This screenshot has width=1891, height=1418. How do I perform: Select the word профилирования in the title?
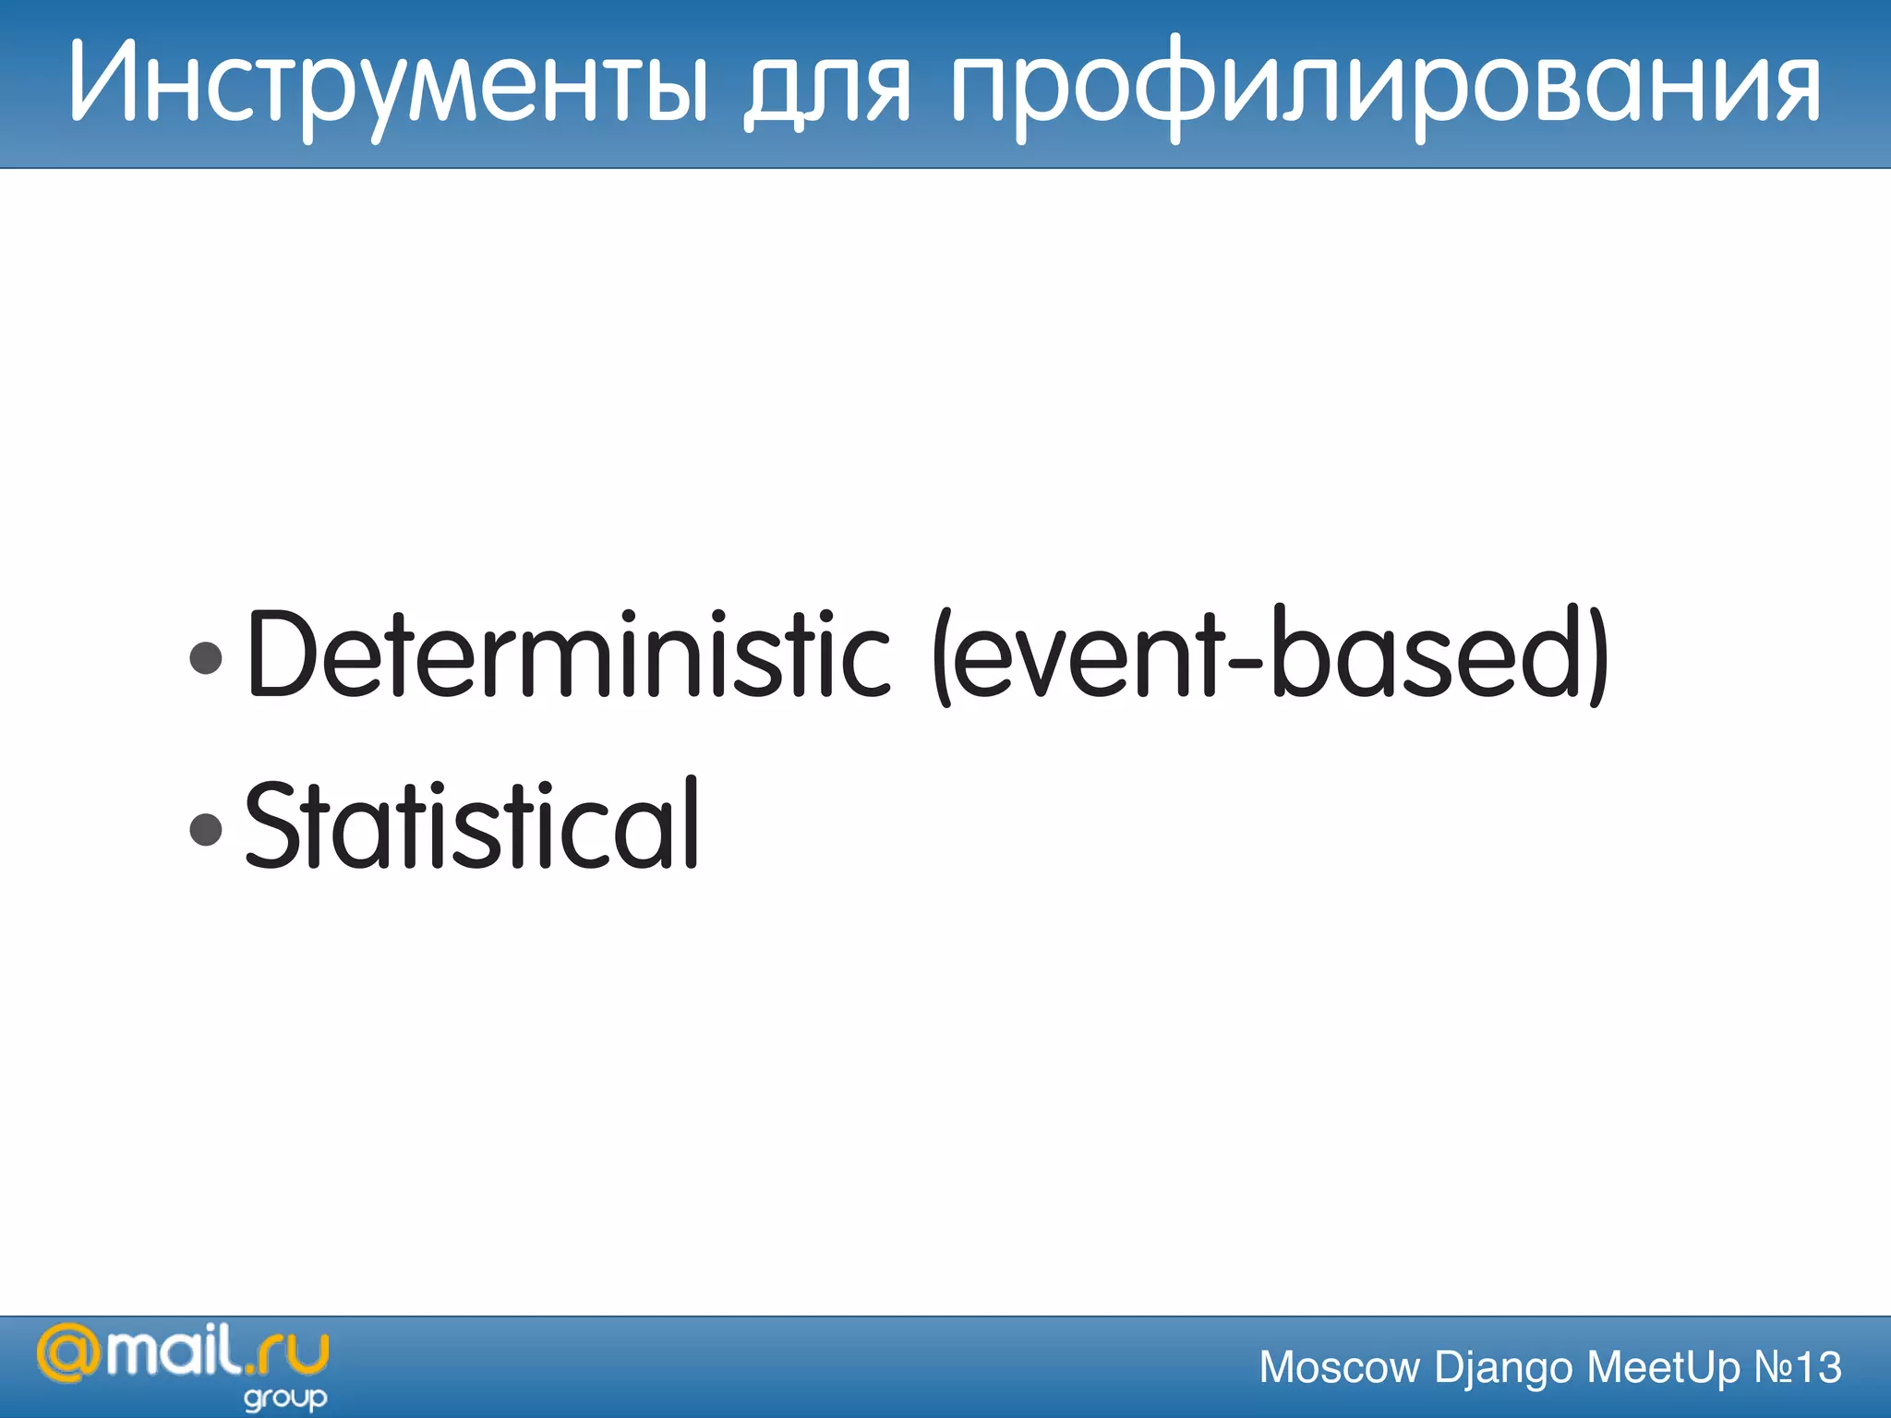point(1385,88)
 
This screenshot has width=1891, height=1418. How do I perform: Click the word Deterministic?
point(568,654)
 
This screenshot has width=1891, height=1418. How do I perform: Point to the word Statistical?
point(471,823)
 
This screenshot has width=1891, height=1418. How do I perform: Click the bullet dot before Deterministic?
point(205,658)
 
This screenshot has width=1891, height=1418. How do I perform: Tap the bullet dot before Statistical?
point(205,828)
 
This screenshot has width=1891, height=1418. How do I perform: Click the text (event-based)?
point(1271,654)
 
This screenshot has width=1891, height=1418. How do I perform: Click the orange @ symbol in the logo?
point(68,1353)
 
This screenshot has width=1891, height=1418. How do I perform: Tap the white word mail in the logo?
point(172,1351)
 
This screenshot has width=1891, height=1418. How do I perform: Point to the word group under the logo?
point(285,1399)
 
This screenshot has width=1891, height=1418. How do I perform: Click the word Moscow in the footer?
point(1339,1367)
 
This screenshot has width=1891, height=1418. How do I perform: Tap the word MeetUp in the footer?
point(1663,1367)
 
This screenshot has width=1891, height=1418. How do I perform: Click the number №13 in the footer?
point(1797,1367)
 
